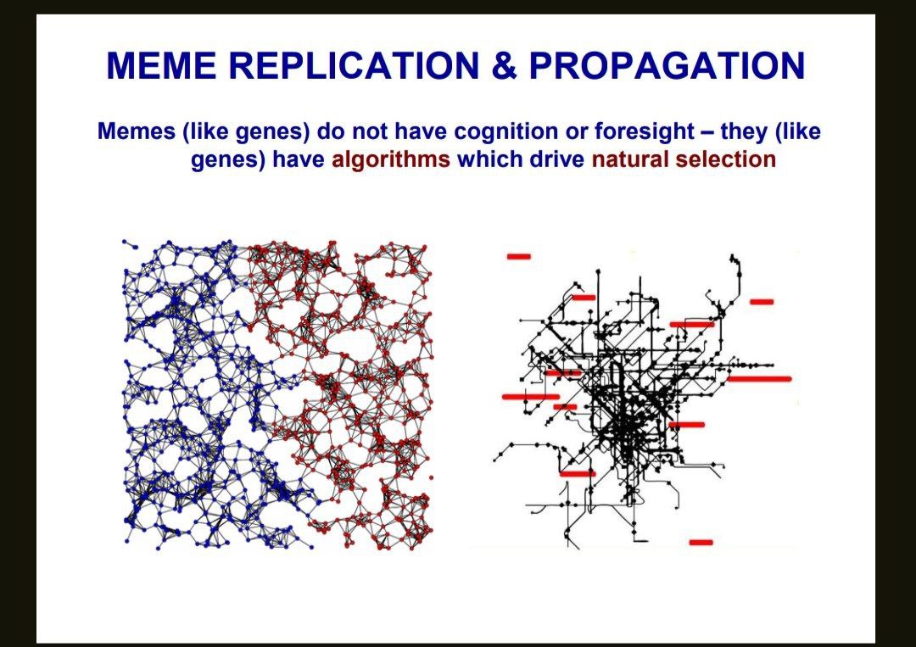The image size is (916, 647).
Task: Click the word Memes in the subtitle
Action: point(136,131)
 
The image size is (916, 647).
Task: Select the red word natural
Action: point(629,159)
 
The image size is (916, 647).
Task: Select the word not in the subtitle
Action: point(369,131)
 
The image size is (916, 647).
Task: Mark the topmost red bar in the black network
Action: point(519,256)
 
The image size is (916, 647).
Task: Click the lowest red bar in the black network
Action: point(701,543)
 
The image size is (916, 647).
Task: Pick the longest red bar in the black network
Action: point(759,379)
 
